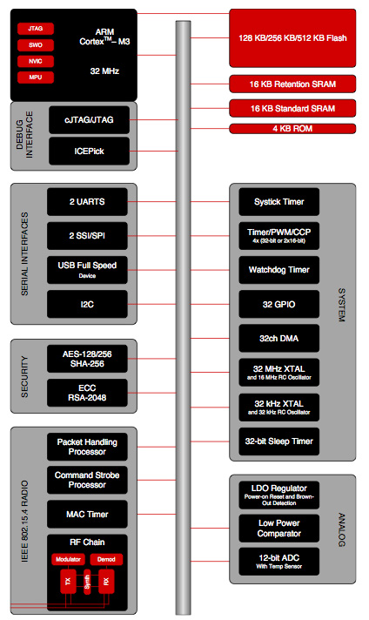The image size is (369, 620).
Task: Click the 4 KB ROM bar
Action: pyautogui.click(x=292, y=129)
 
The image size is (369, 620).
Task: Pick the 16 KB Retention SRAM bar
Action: pyautogui.click(x=292, y=84)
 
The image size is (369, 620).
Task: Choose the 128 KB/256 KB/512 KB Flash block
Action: pyautogui.click(x=292, y=39)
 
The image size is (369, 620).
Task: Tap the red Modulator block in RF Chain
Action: pyautogui.click(x=67, y=558)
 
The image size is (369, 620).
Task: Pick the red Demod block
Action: pyautogui.click(x=107, y=558)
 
